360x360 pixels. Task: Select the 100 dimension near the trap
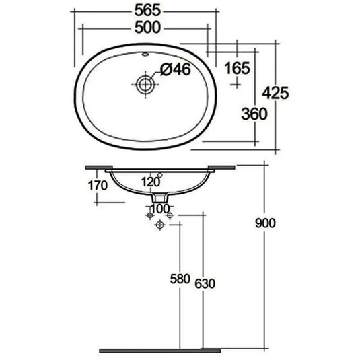click(x=159, y=208)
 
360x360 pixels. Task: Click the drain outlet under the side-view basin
click(x=159, y=199)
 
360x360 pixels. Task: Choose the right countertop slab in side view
click(x=221, y=166)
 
